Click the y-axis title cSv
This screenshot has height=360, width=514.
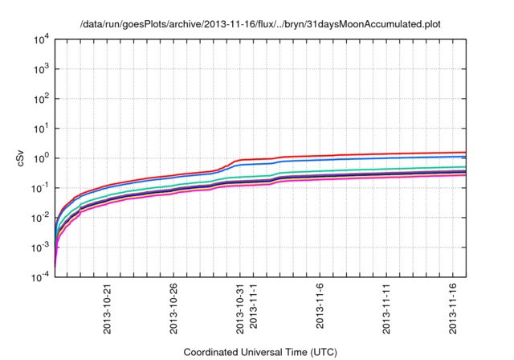pos(22,158)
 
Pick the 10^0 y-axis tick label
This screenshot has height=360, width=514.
pos(42,158)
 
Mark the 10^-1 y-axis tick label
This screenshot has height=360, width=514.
pos(41,188)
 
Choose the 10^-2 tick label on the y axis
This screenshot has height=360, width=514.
pos(41,218)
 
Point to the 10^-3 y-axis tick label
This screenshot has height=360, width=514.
pos(41,247)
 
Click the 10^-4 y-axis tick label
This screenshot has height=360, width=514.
pos(41,277)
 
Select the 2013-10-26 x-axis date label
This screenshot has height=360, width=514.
pos(173,307)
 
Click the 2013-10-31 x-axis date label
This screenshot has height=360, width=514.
pos(239,307)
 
